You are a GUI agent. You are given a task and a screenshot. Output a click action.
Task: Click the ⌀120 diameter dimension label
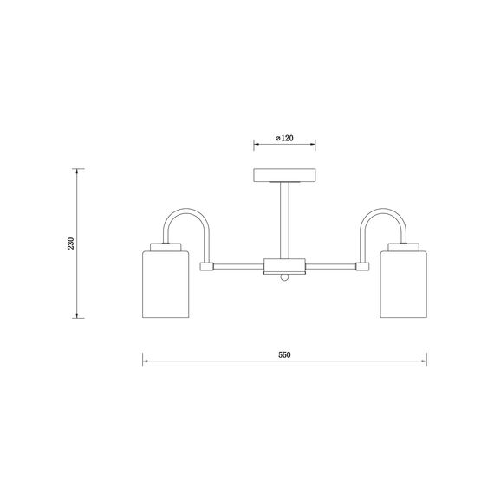pyautogui.click(x=284, y=138)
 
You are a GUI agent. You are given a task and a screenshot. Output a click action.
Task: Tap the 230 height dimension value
pyautogui.click(x=70, y=244)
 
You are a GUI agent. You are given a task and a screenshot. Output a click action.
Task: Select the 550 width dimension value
pyautogui.click(x=284, y=355)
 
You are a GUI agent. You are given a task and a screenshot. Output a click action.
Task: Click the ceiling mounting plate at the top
pyautogui.click(x=284, y=175)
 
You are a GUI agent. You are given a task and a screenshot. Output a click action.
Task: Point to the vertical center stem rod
pyautogui.click(x=284, y=220)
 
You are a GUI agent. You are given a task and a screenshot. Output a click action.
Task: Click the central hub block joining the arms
pyautogui.click(x=284, y=266)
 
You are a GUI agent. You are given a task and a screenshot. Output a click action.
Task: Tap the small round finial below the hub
pyautogui.click(x=284, y=277)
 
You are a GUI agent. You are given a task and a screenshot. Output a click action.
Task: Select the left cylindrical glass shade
pyautogui.click(x=166, y=284)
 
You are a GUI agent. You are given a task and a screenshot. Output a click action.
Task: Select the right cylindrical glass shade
pyautogui.click(x=404, y=284)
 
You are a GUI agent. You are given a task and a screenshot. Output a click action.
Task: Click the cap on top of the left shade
pyautogui.click(x=166, y=247)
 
